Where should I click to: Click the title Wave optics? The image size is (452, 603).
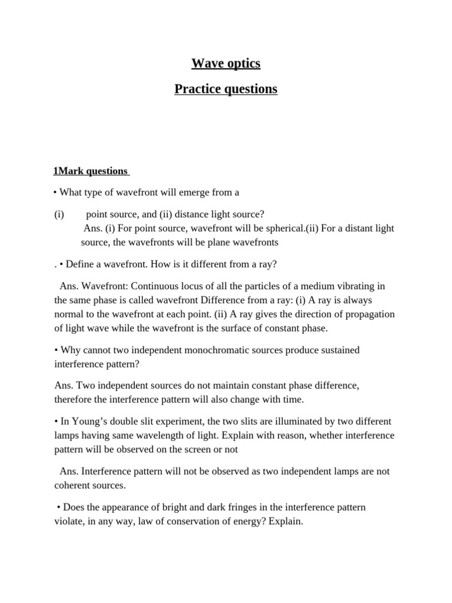click(x=226, y=63)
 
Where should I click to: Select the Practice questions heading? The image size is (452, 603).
click(x=226, y=89)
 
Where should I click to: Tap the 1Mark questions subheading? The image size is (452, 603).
click(x=91, y=171)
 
